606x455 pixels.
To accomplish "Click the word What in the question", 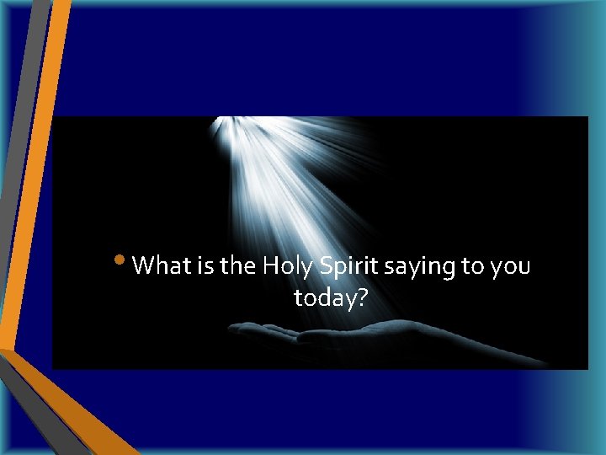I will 162,266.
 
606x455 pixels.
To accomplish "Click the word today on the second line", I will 324,297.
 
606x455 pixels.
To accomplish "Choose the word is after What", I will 205,266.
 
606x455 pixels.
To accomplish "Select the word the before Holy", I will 238,266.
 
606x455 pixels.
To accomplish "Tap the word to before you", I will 471,267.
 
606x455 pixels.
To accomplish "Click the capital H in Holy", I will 271,266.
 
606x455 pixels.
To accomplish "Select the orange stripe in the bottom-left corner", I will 76,413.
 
